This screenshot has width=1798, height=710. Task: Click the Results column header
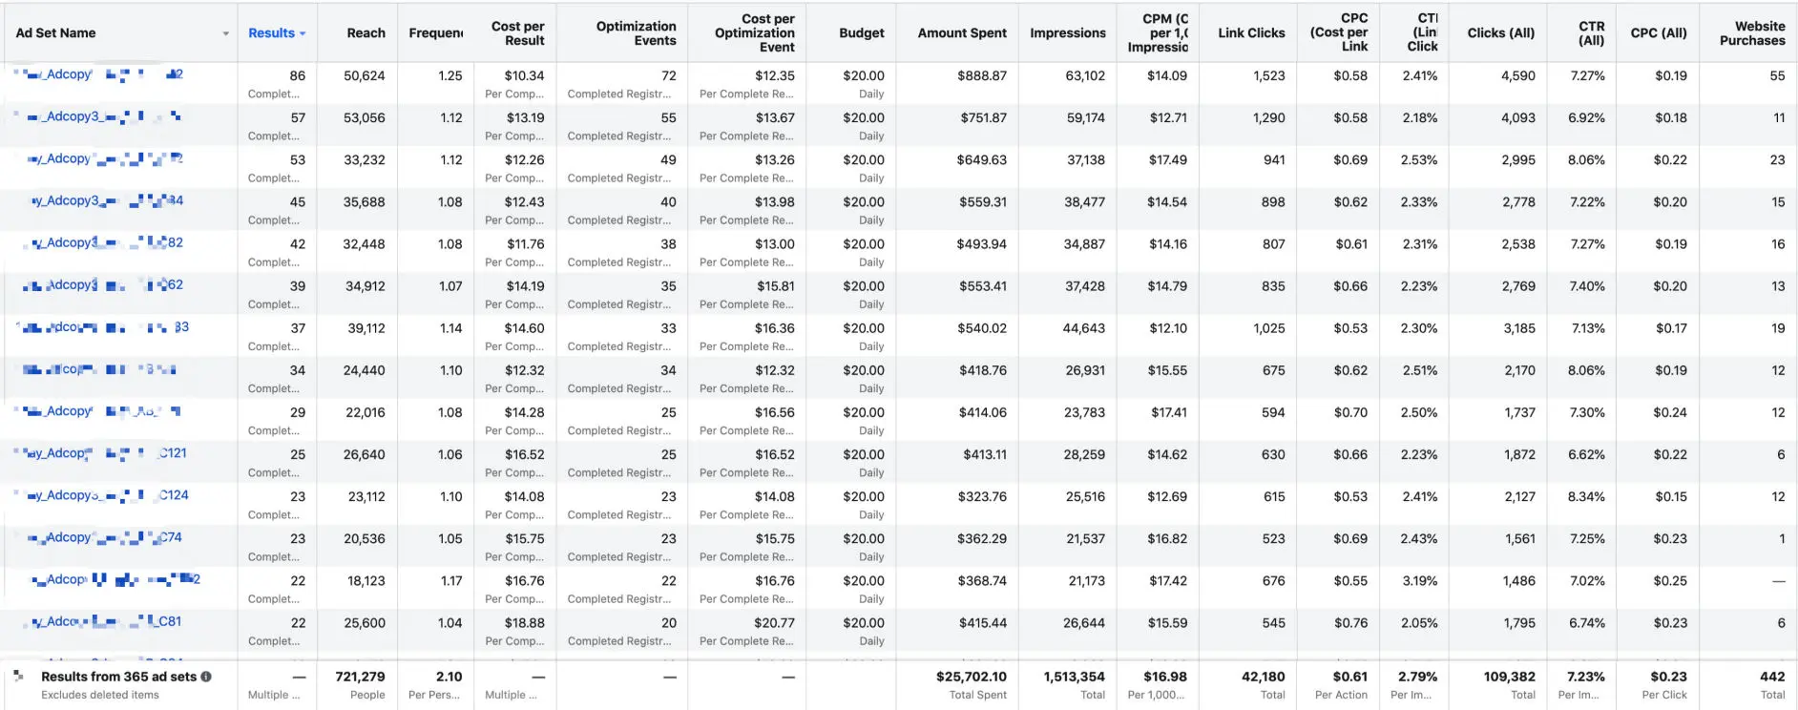(x=272, y=32)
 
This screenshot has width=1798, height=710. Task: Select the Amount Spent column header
(x=961, y=32)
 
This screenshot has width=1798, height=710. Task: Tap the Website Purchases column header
(x=1751, y=32)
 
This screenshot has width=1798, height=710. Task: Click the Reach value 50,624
(x=365, y=75)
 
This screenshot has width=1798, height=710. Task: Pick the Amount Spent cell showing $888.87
(x=982, y=75)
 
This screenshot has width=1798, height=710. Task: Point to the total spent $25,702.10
(x=971, y=677)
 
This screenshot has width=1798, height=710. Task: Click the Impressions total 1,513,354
(x=1074, y=677)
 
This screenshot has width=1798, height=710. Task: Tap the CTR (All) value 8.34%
(x=1586, y=496)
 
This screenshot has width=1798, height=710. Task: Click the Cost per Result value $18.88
(x=524, y=623)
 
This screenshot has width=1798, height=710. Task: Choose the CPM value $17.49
(x=1167, y=159)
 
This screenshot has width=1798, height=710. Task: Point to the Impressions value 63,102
(x=1085, y=75)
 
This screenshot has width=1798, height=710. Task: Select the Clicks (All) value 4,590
(x=1517, y=75)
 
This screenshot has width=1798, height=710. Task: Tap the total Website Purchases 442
(x=1771, y=677)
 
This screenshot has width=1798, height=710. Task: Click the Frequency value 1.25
(x=449, y=75)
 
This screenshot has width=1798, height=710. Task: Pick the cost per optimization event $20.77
(x=774, y=623)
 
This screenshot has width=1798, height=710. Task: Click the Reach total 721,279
(x=360, y=677)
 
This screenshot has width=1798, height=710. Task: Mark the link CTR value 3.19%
(x=1419, y=580)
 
